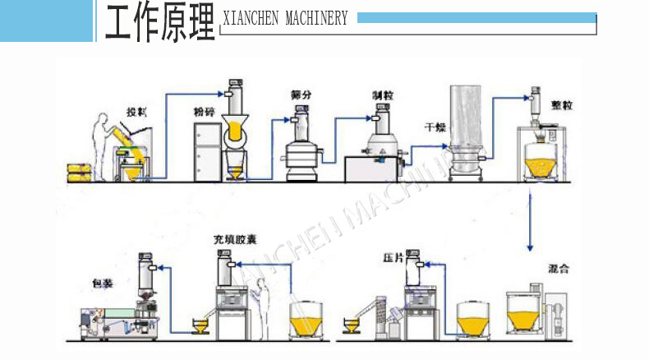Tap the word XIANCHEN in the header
point(252,19)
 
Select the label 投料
point(136,111)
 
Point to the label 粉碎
point(204,109)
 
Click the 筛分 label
point(301,95)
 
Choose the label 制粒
point(380,95)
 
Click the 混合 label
point(560,269)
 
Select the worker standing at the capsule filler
point(262,303)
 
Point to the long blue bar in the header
point(476,17)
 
